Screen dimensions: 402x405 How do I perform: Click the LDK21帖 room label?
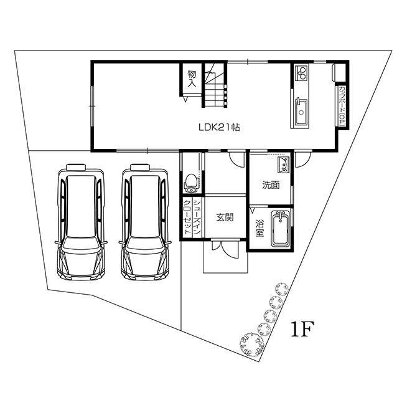pos(219,127)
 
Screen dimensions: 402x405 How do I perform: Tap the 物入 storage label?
pos(192,79)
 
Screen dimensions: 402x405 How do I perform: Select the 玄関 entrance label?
pos(225,217)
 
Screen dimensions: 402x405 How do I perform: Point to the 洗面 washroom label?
pos(271,185)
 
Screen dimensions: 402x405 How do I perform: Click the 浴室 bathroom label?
pos(259,228)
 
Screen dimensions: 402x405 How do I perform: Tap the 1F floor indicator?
pos(302,330)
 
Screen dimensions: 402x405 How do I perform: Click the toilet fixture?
pos(191,184)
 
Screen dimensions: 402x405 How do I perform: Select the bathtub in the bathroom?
pos(281,229)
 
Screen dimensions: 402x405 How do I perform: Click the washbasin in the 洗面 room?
pos(283,164)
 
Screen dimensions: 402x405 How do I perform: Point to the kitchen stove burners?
pos(301,72)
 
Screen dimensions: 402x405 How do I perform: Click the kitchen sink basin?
pos(301,112)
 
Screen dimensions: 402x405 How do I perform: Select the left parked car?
pos(81,222)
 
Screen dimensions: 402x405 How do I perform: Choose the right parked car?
pos(145,222)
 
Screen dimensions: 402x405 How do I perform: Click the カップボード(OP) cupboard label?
pos(342,106)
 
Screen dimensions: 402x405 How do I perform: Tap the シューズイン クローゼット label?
pos(192,216)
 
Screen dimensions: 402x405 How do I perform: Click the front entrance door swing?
pos(225,249)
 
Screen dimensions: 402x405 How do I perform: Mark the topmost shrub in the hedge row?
pos(282,289)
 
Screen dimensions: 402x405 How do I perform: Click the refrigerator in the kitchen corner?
pos(339,72)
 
